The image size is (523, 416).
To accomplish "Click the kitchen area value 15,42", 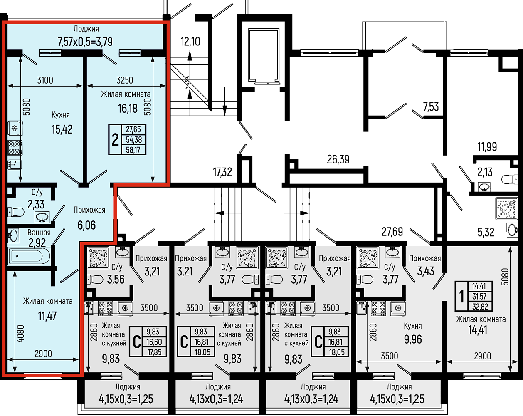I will click(62, 129).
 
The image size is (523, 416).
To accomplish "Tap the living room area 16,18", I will click(128, 109).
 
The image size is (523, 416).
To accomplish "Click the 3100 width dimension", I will click(45, 80).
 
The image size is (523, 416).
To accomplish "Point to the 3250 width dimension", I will click(125, 80).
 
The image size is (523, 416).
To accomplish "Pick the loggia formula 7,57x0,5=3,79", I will click(85, 42).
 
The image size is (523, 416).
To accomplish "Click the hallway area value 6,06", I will click(86, 225).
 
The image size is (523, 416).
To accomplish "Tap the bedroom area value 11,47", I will click(47, 316).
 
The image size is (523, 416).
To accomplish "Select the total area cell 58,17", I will click(133, 150).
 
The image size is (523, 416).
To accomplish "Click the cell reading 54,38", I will click(133, 140).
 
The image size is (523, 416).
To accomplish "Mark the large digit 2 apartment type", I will click(115, 140).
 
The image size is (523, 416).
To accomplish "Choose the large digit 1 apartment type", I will click(461, 297).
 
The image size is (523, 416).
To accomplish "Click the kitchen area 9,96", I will click(413, 339).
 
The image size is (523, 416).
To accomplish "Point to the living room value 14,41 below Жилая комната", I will click(478, 330).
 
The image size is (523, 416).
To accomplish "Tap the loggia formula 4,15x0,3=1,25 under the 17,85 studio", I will click(126, 399).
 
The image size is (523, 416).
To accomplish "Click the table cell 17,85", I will click(154, 352).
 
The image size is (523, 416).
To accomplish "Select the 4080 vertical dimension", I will click(21, 333).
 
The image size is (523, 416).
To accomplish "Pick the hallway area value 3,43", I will click(426, 272).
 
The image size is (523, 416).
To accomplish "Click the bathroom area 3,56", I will click(116, 280).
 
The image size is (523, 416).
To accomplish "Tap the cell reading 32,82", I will click(480, 307).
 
